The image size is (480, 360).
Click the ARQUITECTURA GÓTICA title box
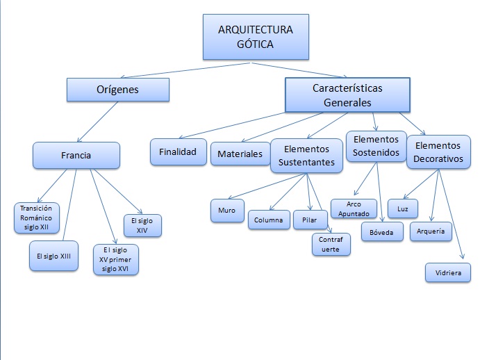click(245, 37)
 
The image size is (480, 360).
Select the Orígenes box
click(118, 90)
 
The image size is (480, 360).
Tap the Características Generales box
click(347, 95)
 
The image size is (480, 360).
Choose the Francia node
click(76, 156)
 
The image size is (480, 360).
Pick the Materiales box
click(240, 154)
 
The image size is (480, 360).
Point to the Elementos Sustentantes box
click(306, 157)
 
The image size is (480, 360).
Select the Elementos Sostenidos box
click(376, 145)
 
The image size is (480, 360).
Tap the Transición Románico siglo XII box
click(37, 218)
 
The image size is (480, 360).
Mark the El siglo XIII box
click(54, 256)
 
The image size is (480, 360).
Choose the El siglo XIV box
click(142, 225)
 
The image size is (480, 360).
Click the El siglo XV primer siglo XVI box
click(116, 260)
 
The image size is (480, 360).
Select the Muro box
click(227, 210)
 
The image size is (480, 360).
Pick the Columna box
click(268, 220)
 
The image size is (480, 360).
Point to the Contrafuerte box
click(331, 244)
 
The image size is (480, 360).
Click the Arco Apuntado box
click(354, 209)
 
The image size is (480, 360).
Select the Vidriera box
click(448, 272)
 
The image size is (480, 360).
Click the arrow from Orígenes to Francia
click(90, 122)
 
